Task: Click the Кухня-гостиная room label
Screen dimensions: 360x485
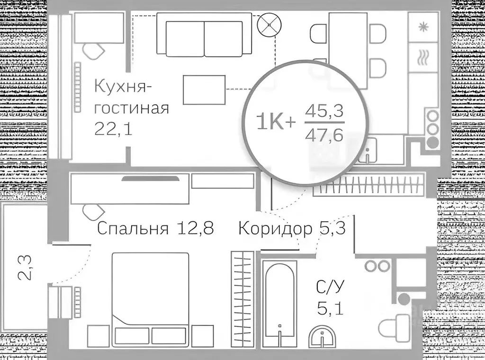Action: pos(132,98)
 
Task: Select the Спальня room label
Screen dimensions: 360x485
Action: pos(133,228)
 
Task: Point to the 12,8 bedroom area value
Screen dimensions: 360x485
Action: pos(195,228)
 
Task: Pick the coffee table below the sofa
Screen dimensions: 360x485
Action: pos(204,90)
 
